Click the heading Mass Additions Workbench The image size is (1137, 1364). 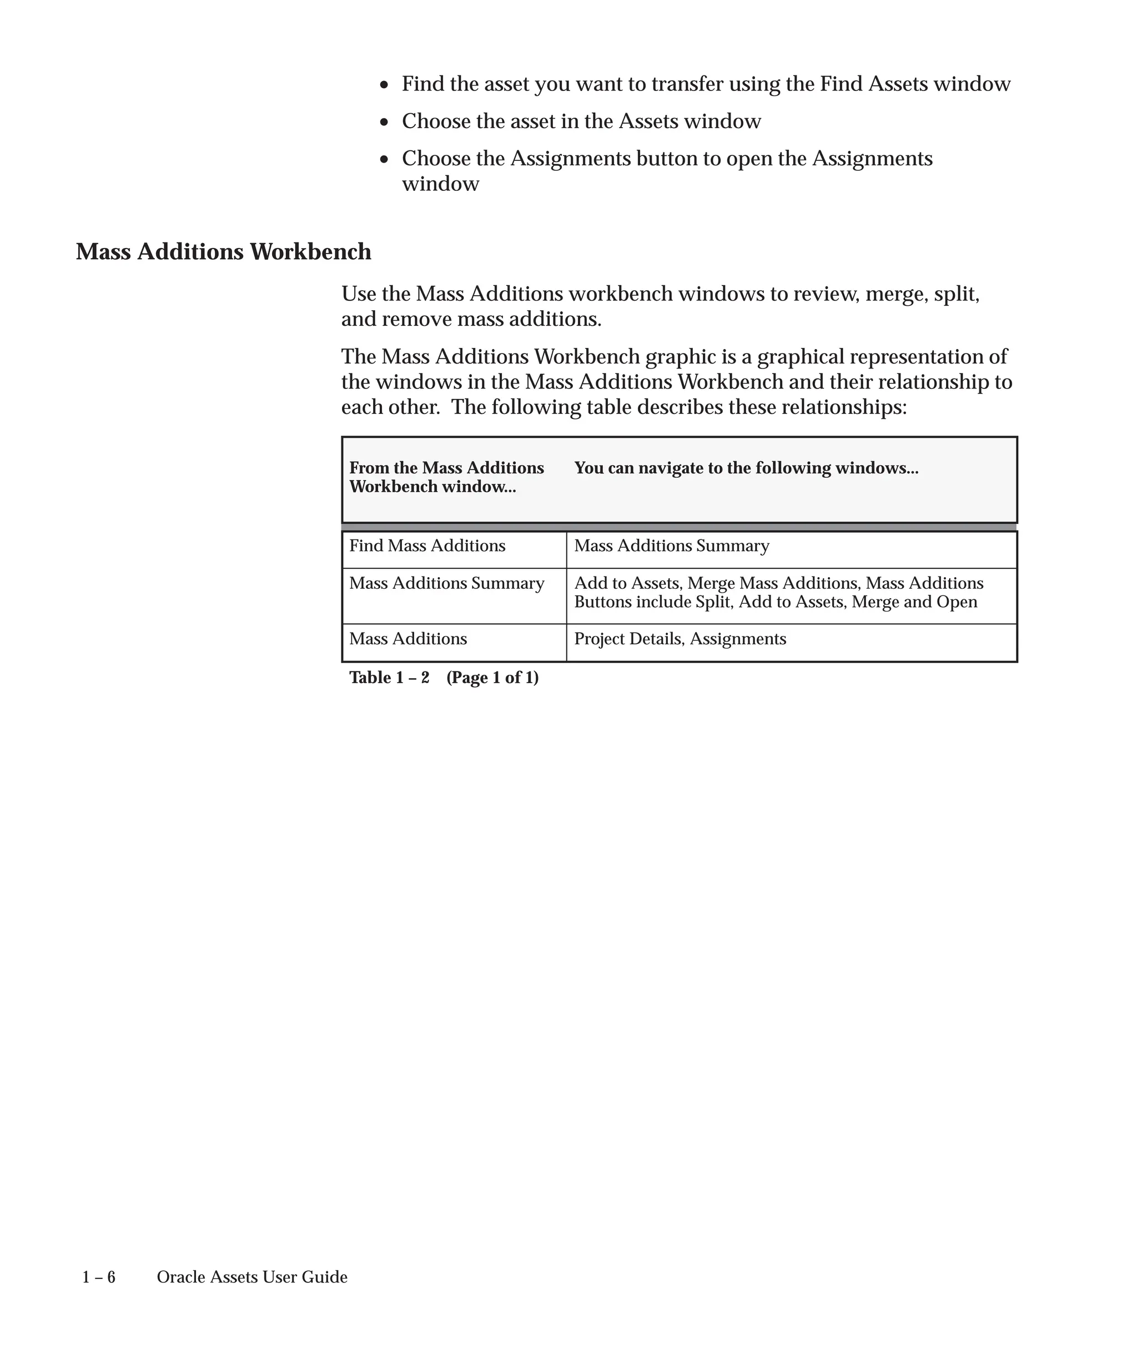[224, 252]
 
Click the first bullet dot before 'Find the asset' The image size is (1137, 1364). [385, 85]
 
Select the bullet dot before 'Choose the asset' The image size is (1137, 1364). [385, 122]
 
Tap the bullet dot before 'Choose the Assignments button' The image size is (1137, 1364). [385, 159]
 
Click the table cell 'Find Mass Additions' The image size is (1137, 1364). [427, 545]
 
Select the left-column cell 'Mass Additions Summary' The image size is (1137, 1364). [446, 583]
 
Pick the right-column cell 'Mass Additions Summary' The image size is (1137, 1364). [671, 545]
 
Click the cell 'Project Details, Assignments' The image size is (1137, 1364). [680, 639]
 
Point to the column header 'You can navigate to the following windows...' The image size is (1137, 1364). [746, 468]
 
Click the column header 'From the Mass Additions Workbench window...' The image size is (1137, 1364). [446, 477]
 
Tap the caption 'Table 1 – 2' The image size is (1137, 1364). [389, 678]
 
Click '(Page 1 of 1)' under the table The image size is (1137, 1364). [492, 678]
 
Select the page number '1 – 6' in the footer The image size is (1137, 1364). [99, 1277]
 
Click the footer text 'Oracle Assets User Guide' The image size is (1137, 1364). [252, 1277]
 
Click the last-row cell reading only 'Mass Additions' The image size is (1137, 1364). [408, 639]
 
